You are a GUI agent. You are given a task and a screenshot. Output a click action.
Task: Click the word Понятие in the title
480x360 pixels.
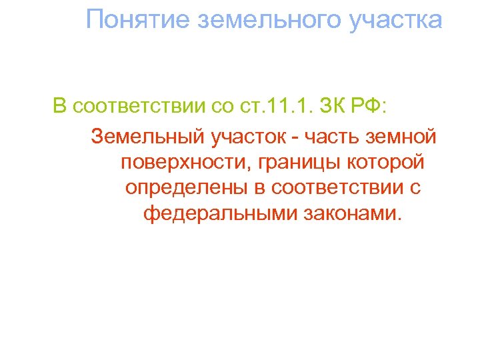(137, 20)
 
